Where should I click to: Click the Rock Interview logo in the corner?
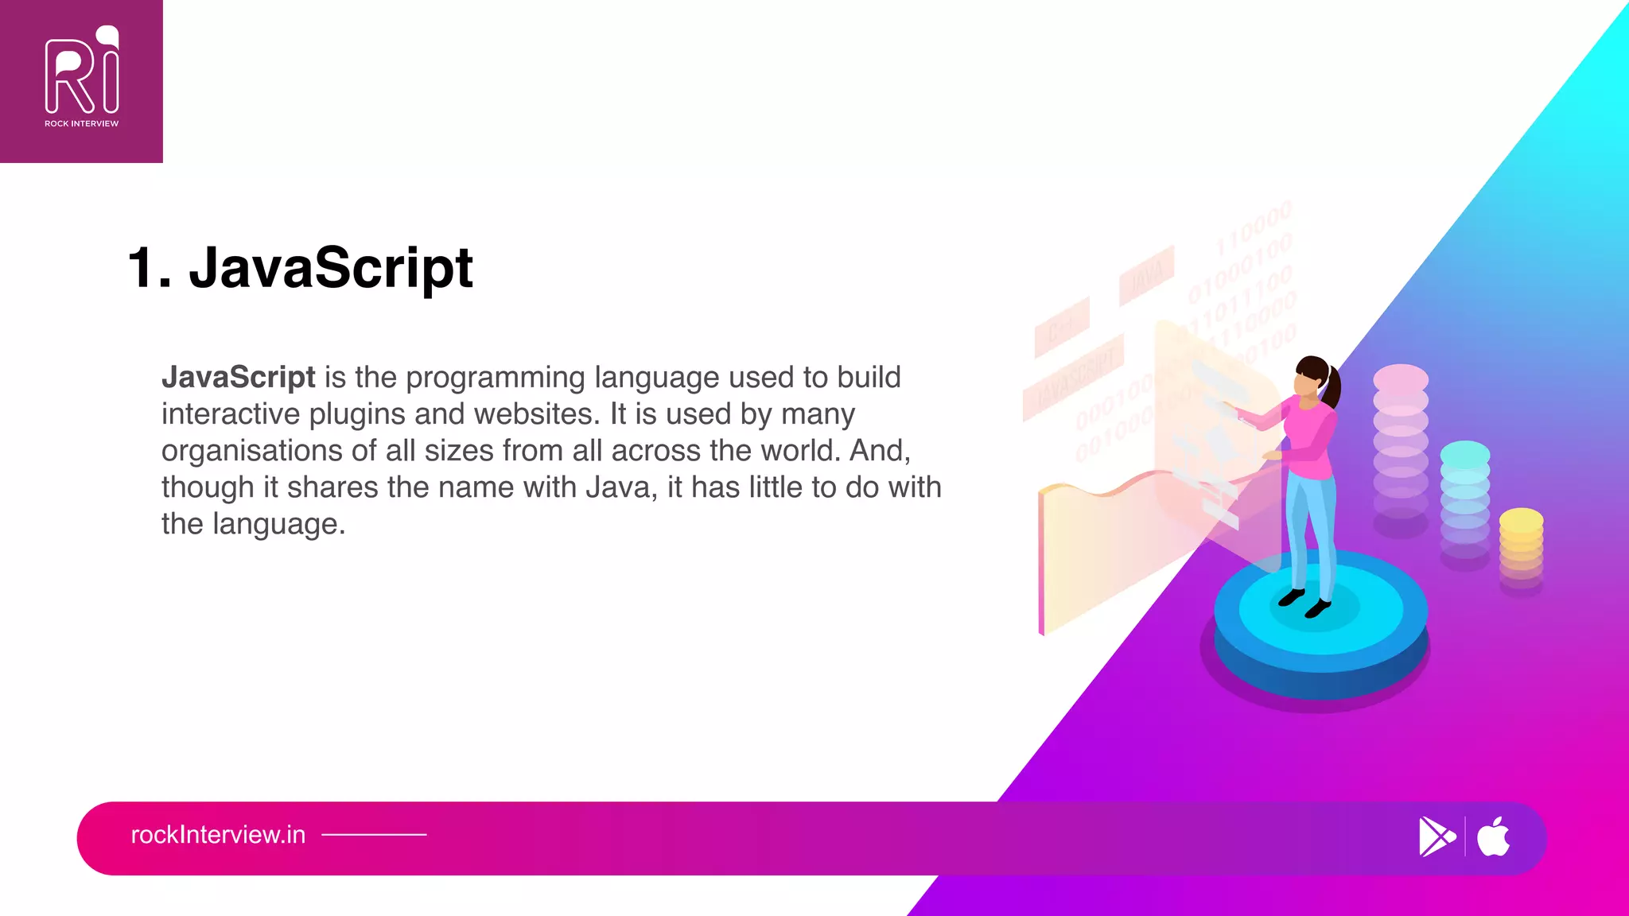[x=81, y=80]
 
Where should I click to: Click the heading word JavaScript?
[x=331, y=268]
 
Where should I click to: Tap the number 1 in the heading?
[x=143, y=268]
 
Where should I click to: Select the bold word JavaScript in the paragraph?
[x=238, y=377]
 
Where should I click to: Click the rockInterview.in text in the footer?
[x=218, y=835]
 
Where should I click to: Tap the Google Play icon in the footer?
[x=1437, y=836]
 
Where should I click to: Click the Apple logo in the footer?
[x=1494, y=836]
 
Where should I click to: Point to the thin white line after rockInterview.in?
[x=374, y=835]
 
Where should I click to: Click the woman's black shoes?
[x=1304, y=603]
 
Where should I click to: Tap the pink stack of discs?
[x=1401, y=445]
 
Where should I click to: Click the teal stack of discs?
[x=1465, y=501]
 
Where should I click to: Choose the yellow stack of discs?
[x=1521, y=549]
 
